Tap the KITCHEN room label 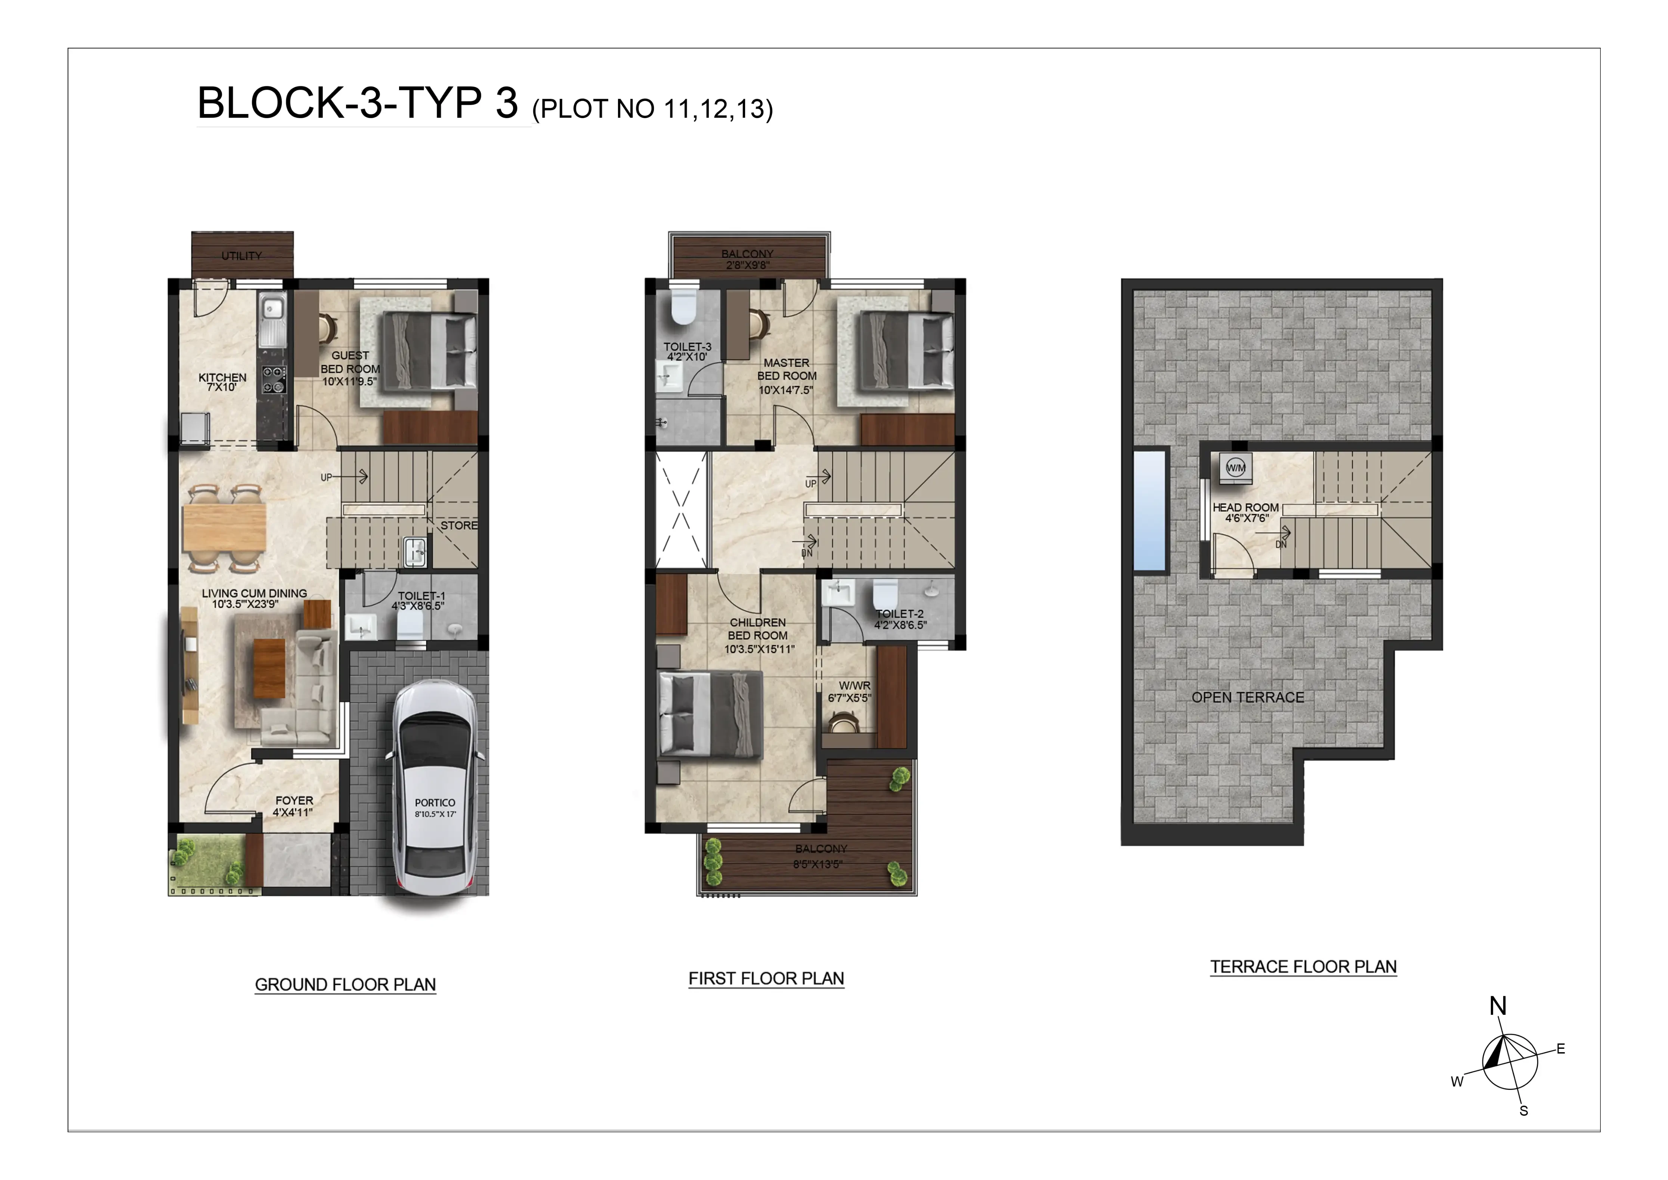[x=222, y=378]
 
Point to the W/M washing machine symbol [x=1236, y=468]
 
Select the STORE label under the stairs [x=459, y=525]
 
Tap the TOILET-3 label [x=687, y=347]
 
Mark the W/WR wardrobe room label [x=854, y=686]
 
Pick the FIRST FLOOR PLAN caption [x=766, y=979]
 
